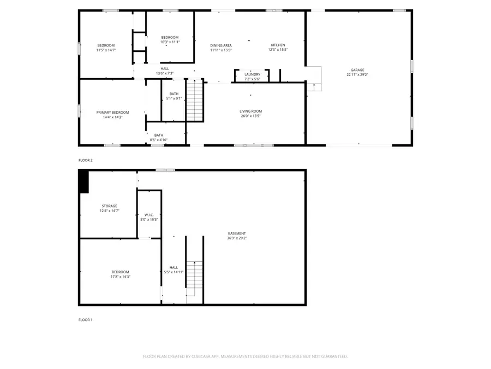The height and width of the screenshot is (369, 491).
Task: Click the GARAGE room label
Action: (357, 70)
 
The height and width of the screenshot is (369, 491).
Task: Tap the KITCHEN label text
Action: (278, 45)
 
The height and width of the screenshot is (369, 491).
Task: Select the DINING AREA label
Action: (221, 45)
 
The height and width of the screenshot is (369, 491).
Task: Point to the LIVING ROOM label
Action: (250, 111)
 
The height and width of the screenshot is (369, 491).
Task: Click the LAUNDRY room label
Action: (253, 74)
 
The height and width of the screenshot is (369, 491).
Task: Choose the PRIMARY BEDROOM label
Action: (112, 112)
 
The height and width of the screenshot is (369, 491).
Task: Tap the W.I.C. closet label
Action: (149, 215)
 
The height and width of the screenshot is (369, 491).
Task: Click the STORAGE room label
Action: (109, 206)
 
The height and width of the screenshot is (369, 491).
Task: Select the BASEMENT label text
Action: (237, 233)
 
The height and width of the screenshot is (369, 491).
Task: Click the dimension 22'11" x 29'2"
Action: (357, 75)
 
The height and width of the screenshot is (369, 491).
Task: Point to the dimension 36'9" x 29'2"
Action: (237, 238)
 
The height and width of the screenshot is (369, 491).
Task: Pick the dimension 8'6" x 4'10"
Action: (158, 140)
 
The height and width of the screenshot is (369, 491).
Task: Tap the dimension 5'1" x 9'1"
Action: (174, 98)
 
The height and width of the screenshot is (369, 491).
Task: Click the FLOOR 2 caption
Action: (86, 160)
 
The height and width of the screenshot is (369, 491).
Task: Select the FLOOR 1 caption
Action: (85, 320)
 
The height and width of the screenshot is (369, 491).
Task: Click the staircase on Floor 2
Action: (195, 100)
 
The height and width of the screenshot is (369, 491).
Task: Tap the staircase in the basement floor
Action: (194, 279)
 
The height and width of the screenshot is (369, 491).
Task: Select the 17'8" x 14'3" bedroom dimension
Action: (120, 277)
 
